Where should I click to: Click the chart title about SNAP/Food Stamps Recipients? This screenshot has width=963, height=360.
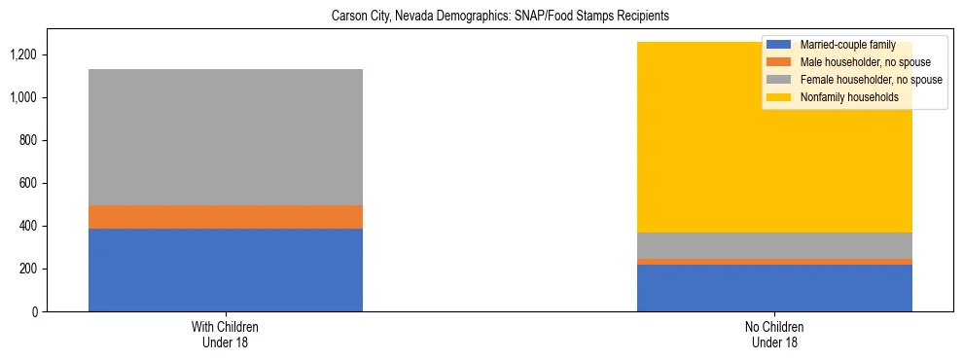click(500, 17)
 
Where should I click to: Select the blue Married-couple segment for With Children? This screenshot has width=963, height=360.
click(226, 270)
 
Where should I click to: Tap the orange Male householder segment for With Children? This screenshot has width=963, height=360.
click(226, 217)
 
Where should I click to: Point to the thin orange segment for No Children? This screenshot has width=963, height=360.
click(774, 262)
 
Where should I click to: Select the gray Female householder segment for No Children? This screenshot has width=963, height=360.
click(774, 245)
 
